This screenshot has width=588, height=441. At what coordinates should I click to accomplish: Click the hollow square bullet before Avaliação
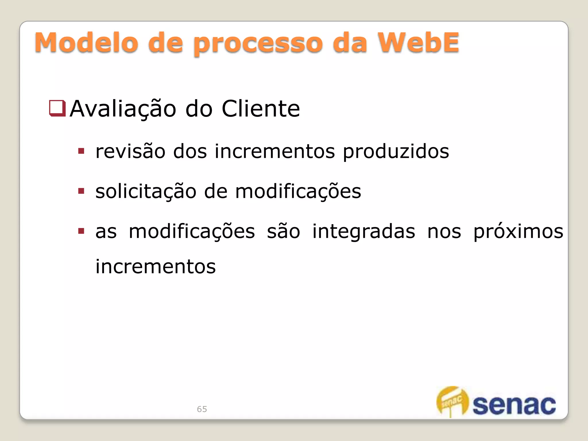(x=57, y=108)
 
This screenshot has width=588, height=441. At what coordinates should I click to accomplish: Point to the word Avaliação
(x=123, y=109)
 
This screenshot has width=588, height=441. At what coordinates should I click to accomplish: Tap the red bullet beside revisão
(x=81, y=151)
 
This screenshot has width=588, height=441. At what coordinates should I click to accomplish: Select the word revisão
(x=130, y=151)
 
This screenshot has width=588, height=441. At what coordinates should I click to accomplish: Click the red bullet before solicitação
(x=81, y=191)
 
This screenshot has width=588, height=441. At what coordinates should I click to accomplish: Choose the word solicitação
(x=146, y=192)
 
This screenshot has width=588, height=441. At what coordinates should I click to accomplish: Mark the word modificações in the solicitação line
(x=298, y=192)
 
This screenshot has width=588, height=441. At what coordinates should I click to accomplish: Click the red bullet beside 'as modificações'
(x=81, y=231)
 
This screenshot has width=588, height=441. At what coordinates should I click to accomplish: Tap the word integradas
(x=363, y=231)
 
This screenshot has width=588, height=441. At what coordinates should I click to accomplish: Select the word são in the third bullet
(x=283, y=231)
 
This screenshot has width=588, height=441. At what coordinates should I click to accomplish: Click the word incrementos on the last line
(x=155, y=266)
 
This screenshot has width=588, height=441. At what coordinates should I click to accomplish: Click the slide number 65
(x=202, y=409)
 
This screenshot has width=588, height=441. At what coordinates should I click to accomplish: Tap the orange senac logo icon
(x=452, y=401)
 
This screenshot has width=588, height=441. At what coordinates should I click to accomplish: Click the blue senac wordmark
(x=514, y=405)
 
